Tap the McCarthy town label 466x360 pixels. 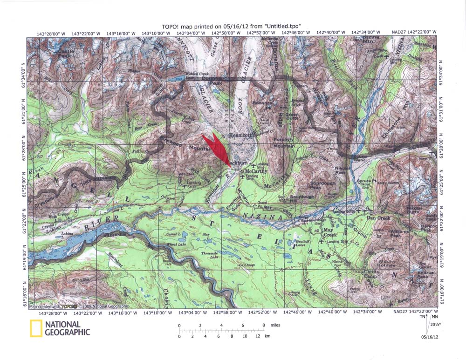[256, 171]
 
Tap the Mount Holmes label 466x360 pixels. [387, 264]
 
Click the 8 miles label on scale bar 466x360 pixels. [270, 325]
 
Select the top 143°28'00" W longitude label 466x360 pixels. [50, 33]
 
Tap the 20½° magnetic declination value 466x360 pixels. [436, 325]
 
